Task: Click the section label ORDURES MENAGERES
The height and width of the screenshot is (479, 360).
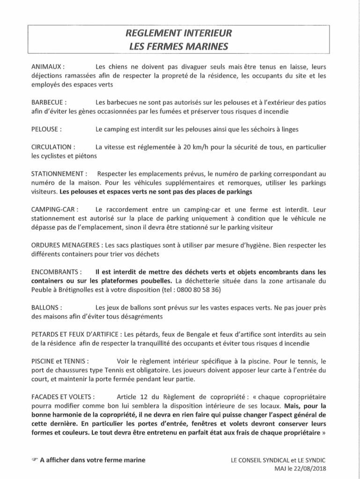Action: (67, 245)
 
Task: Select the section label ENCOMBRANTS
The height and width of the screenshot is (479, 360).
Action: (56, 272)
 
